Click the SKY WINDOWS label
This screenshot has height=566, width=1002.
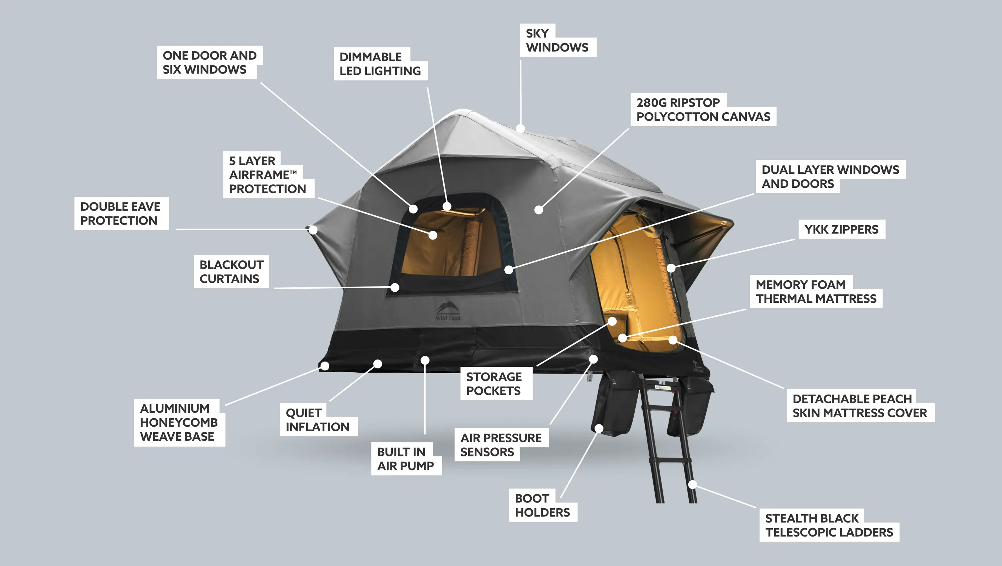click(x=557, y=40)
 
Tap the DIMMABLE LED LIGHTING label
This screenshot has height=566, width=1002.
click(x=380, y=64)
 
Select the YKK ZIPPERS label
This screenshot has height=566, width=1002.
click(x=841, y=229)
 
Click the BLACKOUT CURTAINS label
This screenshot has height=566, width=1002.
click(x=231, y=272)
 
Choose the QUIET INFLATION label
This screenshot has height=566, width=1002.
click(x=318, y=420)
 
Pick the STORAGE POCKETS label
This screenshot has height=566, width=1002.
click(x=494, y=384)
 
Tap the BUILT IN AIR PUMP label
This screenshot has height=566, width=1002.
click(x=405, y=459)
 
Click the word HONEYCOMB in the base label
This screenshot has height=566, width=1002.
click(x=179, y=422)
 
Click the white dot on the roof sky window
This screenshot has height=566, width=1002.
click(x=520, y=128)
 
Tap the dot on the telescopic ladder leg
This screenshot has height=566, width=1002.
click(x=692, y=485)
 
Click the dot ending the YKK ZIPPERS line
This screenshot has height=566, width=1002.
click(x=671, y=268)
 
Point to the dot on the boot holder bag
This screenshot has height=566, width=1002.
click(x=599, y=429)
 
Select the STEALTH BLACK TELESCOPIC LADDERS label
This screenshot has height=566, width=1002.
click(x=829, y=525)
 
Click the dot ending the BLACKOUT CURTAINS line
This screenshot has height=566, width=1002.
click(x=395, y=287)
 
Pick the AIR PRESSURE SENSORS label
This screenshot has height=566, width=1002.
click(x=501, y=445)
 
